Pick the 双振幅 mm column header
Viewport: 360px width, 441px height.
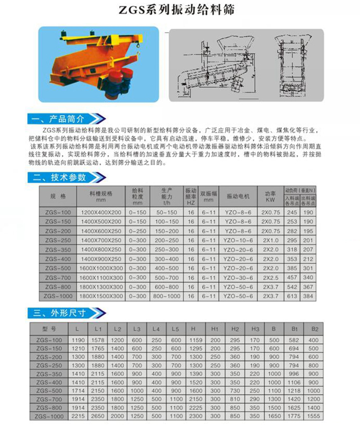pos(209,196)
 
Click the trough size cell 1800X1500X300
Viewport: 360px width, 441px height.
pos(101,296)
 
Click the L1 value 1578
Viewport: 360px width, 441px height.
pos(98,341)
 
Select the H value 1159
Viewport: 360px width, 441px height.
pos(193,341)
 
